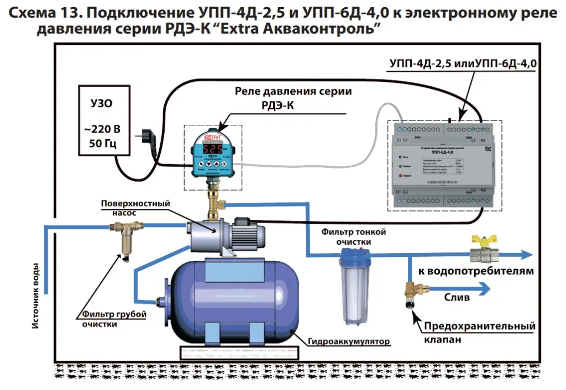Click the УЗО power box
[x=104, y=119]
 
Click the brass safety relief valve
[x=411, y=293]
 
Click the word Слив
[x=457, y=297]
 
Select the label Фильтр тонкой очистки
[x=354, y=236]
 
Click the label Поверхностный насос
[x=135, y=208]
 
